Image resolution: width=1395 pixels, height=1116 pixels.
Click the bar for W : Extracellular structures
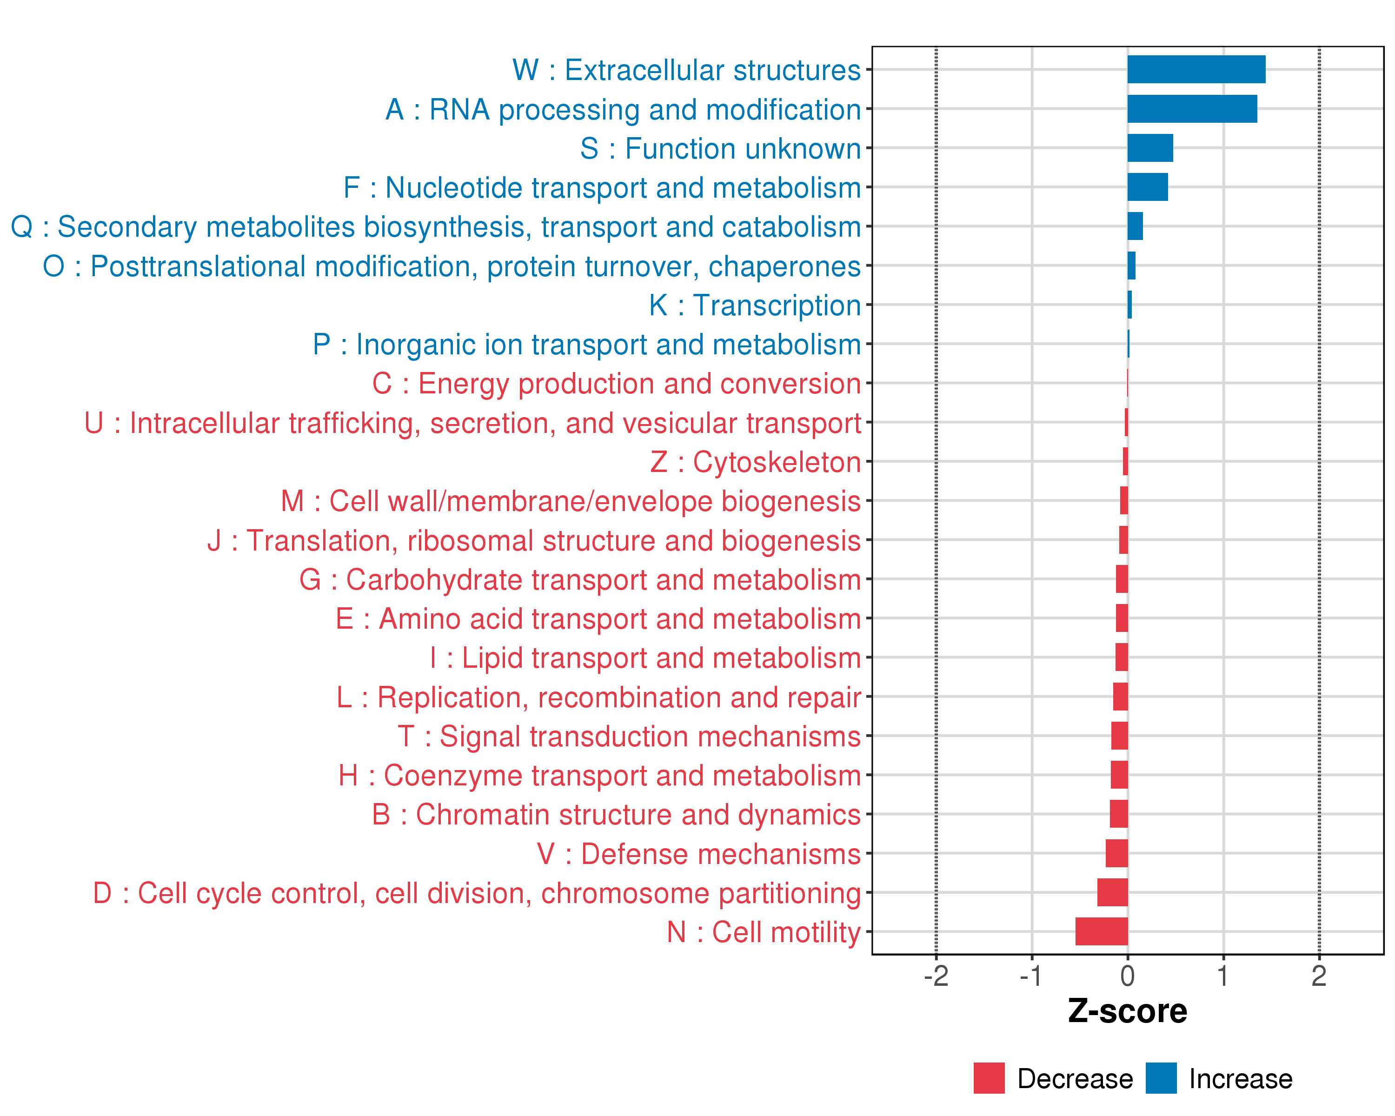point(1196,69)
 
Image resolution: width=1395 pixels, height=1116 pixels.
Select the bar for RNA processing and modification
point(1192,109)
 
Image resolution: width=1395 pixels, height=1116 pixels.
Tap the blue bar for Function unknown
point(1150,148)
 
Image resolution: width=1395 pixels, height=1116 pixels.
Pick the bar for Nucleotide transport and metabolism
point(1148,187)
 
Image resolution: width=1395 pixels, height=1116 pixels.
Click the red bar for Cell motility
point(1102,931)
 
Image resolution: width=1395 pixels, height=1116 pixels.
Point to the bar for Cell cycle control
point(1113,892)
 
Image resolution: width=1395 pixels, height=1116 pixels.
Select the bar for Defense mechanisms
point(1117,853)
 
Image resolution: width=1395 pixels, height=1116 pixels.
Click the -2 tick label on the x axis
point(936,976)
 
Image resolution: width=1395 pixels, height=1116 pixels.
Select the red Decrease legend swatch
point(990,1078)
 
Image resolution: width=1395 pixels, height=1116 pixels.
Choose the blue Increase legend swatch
point(1161,1078)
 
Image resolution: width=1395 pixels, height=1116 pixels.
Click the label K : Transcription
point(755,306)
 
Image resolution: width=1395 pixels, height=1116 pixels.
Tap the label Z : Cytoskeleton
point(756,462)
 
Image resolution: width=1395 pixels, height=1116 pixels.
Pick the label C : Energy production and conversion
point(617,384)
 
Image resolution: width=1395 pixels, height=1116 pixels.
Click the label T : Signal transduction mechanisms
point(630,736)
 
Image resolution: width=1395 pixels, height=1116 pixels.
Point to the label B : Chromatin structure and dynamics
point(617,815)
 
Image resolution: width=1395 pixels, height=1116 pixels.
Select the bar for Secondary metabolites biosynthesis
point(1136,226)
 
